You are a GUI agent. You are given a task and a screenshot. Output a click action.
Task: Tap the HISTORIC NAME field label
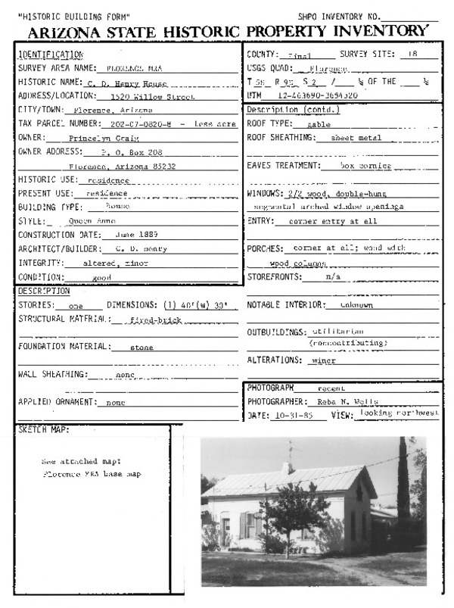44,82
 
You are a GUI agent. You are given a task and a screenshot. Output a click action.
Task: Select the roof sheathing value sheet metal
356,139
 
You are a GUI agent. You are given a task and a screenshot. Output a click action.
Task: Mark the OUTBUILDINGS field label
277,332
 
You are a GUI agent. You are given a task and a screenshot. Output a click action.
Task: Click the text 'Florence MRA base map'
92,474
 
